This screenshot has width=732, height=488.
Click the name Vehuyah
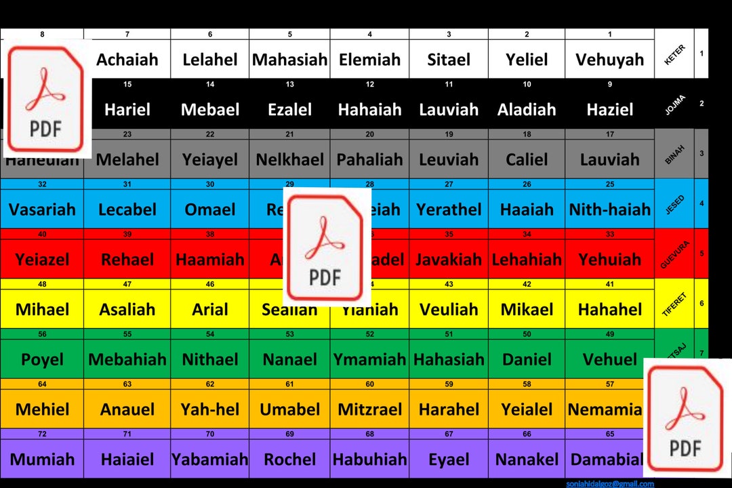pos(609,60)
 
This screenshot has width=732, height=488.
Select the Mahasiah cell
pos(289,60)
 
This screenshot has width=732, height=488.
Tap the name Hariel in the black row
pos(127,110)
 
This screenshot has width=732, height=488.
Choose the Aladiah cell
pos(527,110)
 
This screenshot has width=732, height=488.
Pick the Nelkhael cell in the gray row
pos(289,160)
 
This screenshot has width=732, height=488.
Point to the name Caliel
pos(527,160)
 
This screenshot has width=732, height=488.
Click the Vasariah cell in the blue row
pos(42,210)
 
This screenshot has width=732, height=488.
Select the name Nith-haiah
pos(609,210)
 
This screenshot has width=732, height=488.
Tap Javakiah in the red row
pos(449,260)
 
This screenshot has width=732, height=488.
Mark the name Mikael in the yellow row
pos(527,310)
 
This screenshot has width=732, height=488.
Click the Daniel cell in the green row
pos(527,360)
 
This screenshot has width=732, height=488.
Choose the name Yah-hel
pos(210,410)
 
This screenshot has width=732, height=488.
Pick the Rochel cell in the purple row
pos(289,460)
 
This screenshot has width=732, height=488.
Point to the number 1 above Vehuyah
pos(609,34)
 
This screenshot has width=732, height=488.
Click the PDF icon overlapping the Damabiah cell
pos(685,418)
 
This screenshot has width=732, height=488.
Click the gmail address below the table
pos(609,484)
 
